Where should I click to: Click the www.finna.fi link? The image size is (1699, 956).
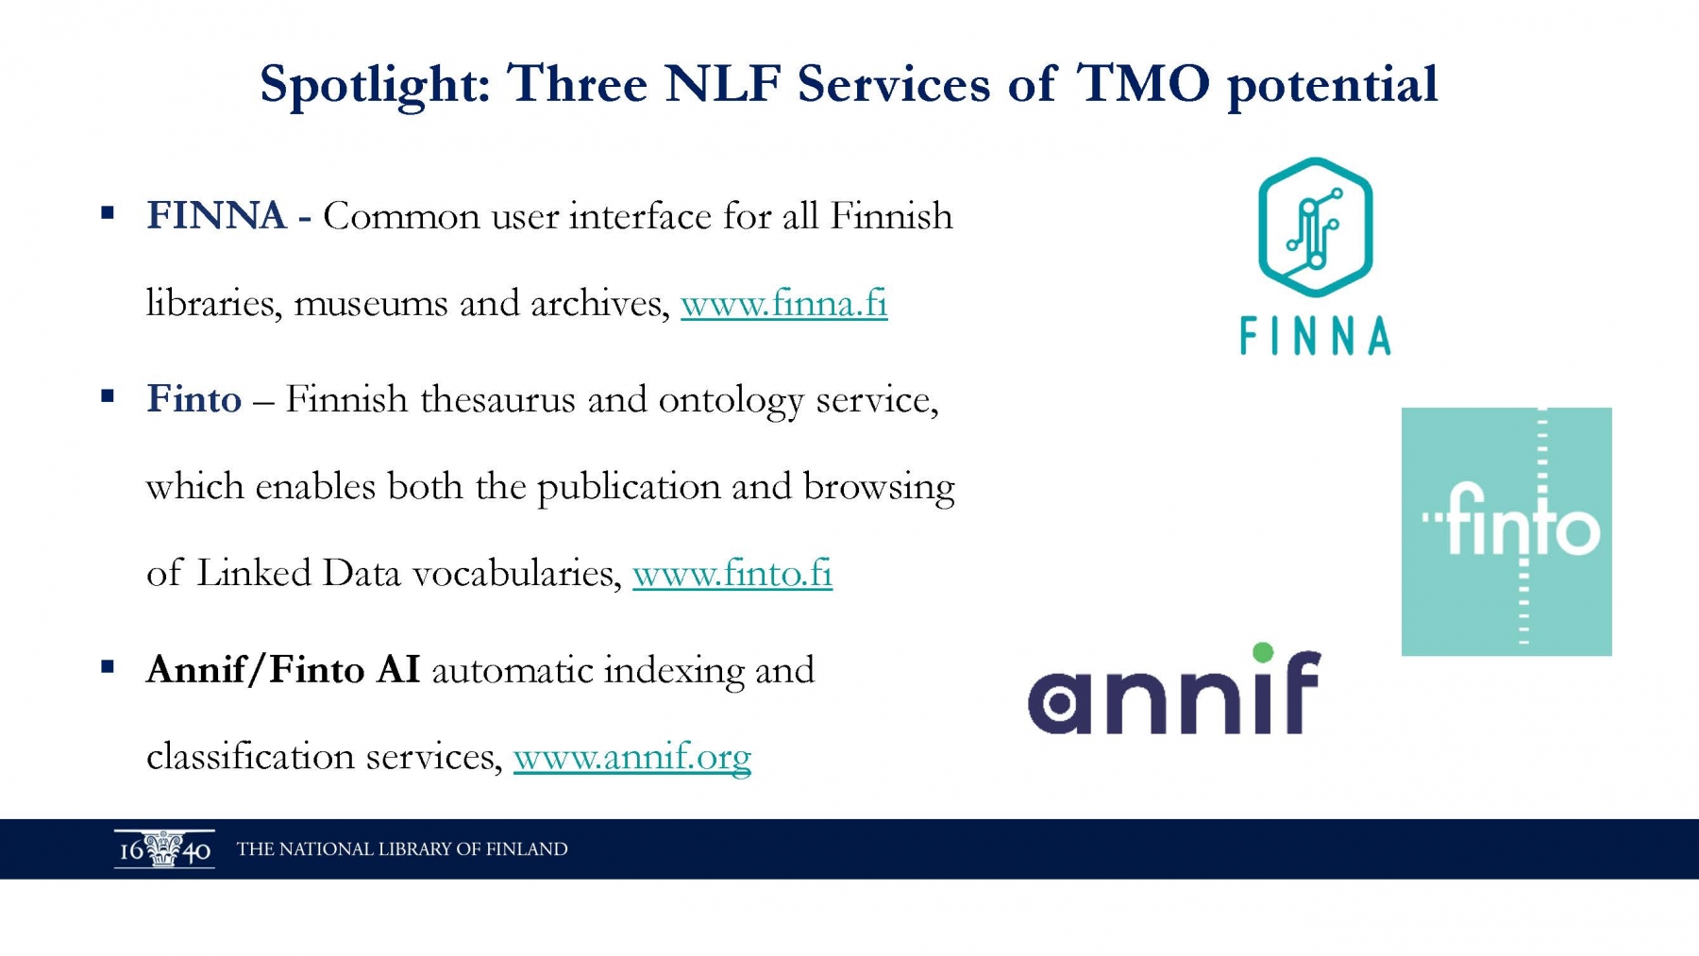783,303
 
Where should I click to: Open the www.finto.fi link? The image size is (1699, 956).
732,573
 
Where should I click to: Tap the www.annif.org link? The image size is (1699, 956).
632,757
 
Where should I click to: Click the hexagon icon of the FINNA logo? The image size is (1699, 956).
1316,227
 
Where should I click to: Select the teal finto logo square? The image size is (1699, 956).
1506,531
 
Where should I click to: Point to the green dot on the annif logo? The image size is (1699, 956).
1263,652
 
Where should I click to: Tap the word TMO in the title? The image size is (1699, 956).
1142,83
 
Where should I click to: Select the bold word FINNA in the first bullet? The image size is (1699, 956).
216,216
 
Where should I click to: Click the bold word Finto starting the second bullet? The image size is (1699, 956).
194,399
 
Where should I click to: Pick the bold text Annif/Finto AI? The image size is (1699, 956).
283,670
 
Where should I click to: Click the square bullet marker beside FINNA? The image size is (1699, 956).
108,214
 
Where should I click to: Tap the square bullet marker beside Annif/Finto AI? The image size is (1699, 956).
108,667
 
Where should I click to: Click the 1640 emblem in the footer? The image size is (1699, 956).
164,849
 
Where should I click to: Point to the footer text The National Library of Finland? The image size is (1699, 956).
402,849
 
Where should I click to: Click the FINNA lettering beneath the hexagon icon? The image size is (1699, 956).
1316,336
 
